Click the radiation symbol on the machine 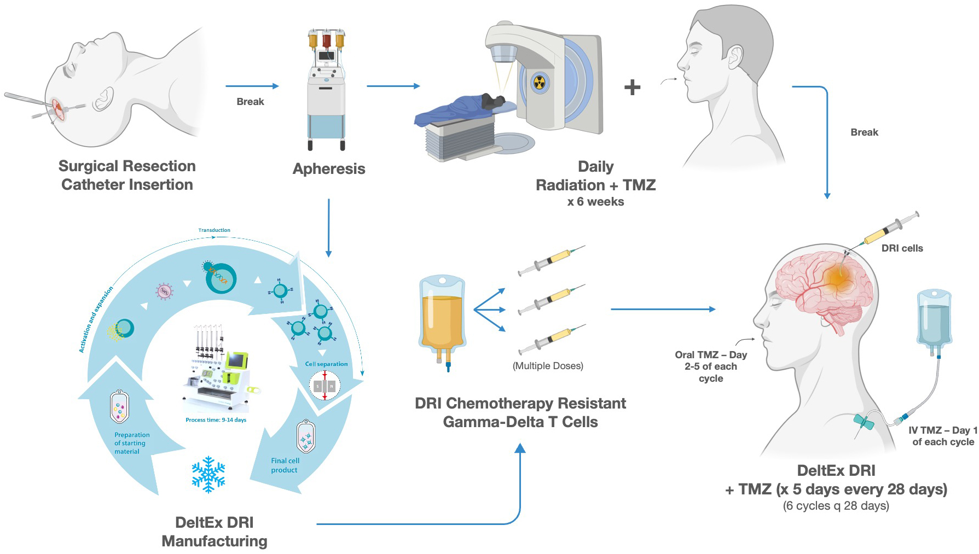pyautogui.click(x=540, y=84)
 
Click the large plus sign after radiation pyautogui.click(x=632, y=87)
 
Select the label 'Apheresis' pyautogui.click(x=329, y=168)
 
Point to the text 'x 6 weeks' pyautogui.click(x=595, y=202)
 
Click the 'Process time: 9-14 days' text pyautogui.click(x=216, y=420)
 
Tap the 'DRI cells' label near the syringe pyautogui.click(x=902, y=248)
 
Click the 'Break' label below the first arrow pyautogui.click(x=250, y=102)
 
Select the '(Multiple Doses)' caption pyautogui.click(x=548, y=366)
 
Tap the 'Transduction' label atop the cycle pyautogui.click(x=214, y=230)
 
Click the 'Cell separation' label pyautogui.click(x=326, y=364)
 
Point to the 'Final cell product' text pyautogui.click(x=285, y=465)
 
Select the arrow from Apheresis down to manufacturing pyautogui.click(x=328, y=228)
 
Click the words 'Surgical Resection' pyautogui.click(x=127, y=166)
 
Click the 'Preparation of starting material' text pyautogui.click(x=131, y=443)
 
